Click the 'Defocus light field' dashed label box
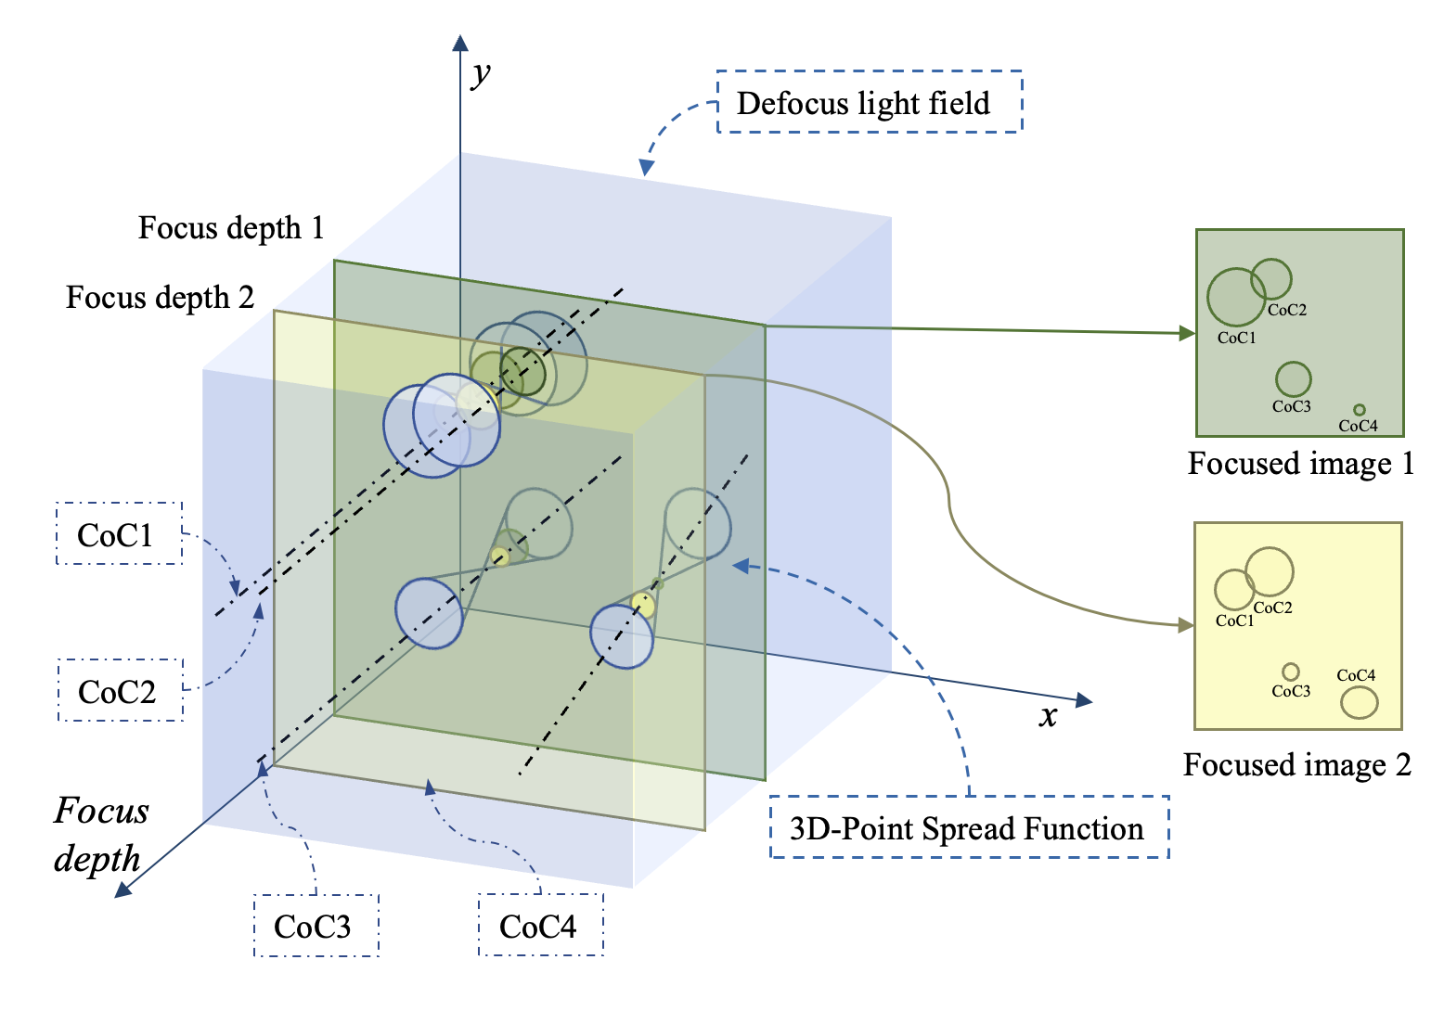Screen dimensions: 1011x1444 869,102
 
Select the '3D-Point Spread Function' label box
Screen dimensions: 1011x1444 968,827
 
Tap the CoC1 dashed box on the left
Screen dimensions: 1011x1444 119,534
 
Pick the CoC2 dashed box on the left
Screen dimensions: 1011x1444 120,691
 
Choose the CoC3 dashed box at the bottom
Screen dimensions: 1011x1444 316,926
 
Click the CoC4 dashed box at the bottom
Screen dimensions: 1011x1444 540,926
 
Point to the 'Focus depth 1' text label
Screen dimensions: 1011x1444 231,227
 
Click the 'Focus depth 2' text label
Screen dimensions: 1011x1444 160,297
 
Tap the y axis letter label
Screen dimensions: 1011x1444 481,72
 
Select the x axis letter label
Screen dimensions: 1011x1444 1048,716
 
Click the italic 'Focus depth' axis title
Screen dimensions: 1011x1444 100,834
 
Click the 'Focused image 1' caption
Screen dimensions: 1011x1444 1300,463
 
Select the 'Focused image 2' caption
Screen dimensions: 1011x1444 1296,764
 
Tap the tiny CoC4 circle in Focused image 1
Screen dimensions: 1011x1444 1359,409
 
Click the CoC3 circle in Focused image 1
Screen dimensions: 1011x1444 1293,378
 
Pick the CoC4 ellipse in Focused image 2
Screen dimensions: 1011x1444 1359,702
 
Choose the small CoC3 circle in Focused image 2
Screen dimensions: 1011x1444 1290,672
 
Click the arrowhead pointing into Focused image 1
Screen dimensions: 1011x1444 1187,333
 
